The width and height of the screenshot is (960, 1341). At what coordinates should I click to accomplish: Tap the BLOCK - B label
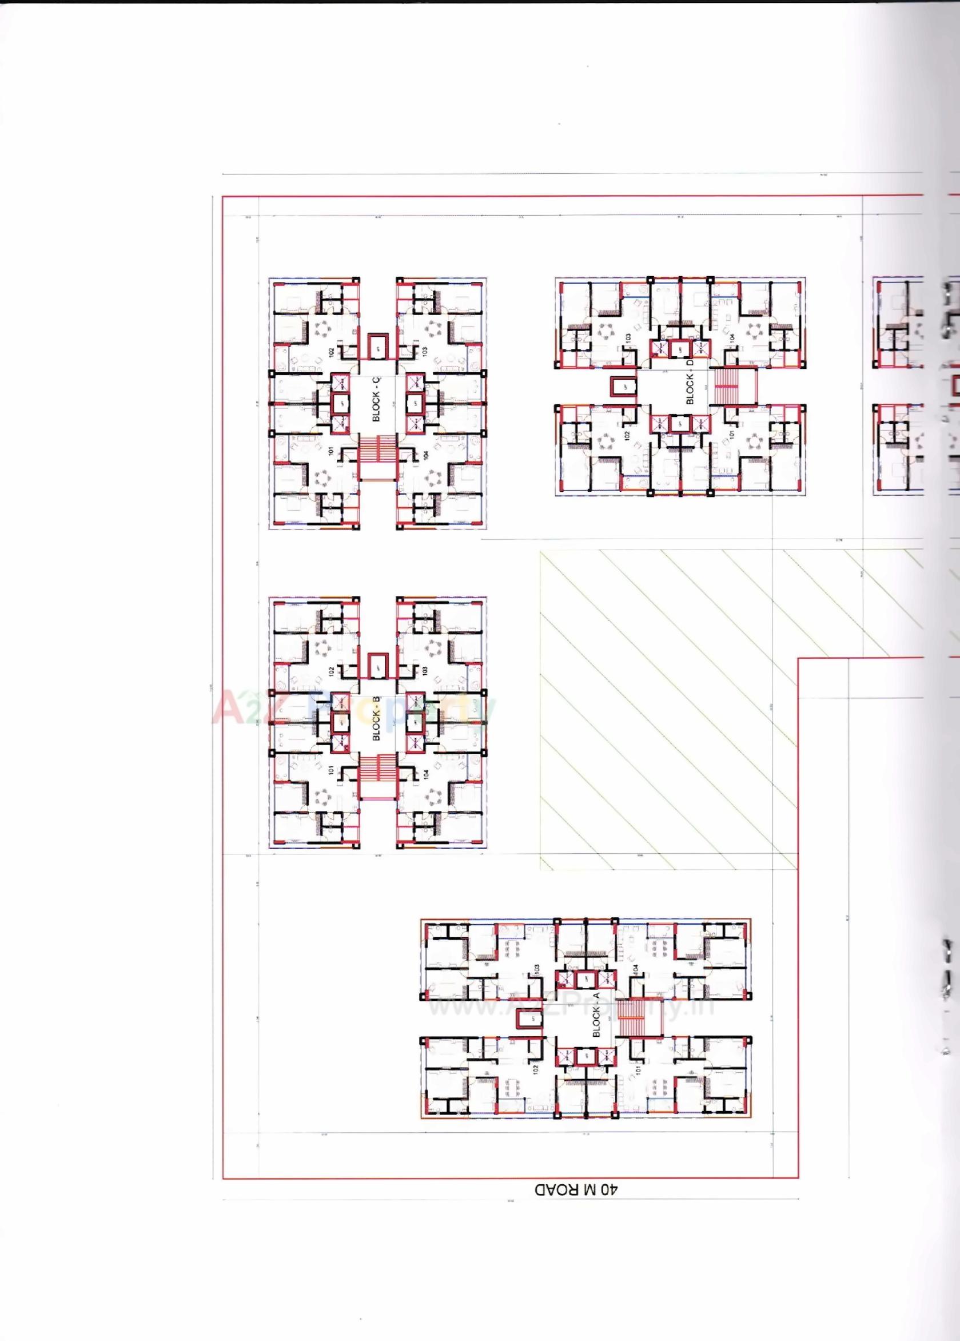[x=377, y=718]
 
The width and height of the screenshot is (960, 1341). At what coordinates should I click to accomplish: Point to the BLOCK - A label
[x=596, y=1014]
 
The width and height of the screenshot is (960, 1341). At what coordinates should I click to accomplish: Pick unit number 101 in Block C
[x=331, y=451]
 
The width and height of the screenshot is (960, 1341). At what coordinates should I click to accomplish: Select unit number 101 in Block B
[x=331, y=771]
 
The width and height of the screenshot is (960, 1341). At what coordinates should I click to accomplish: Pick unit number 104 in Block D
[x=731, y=337]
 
